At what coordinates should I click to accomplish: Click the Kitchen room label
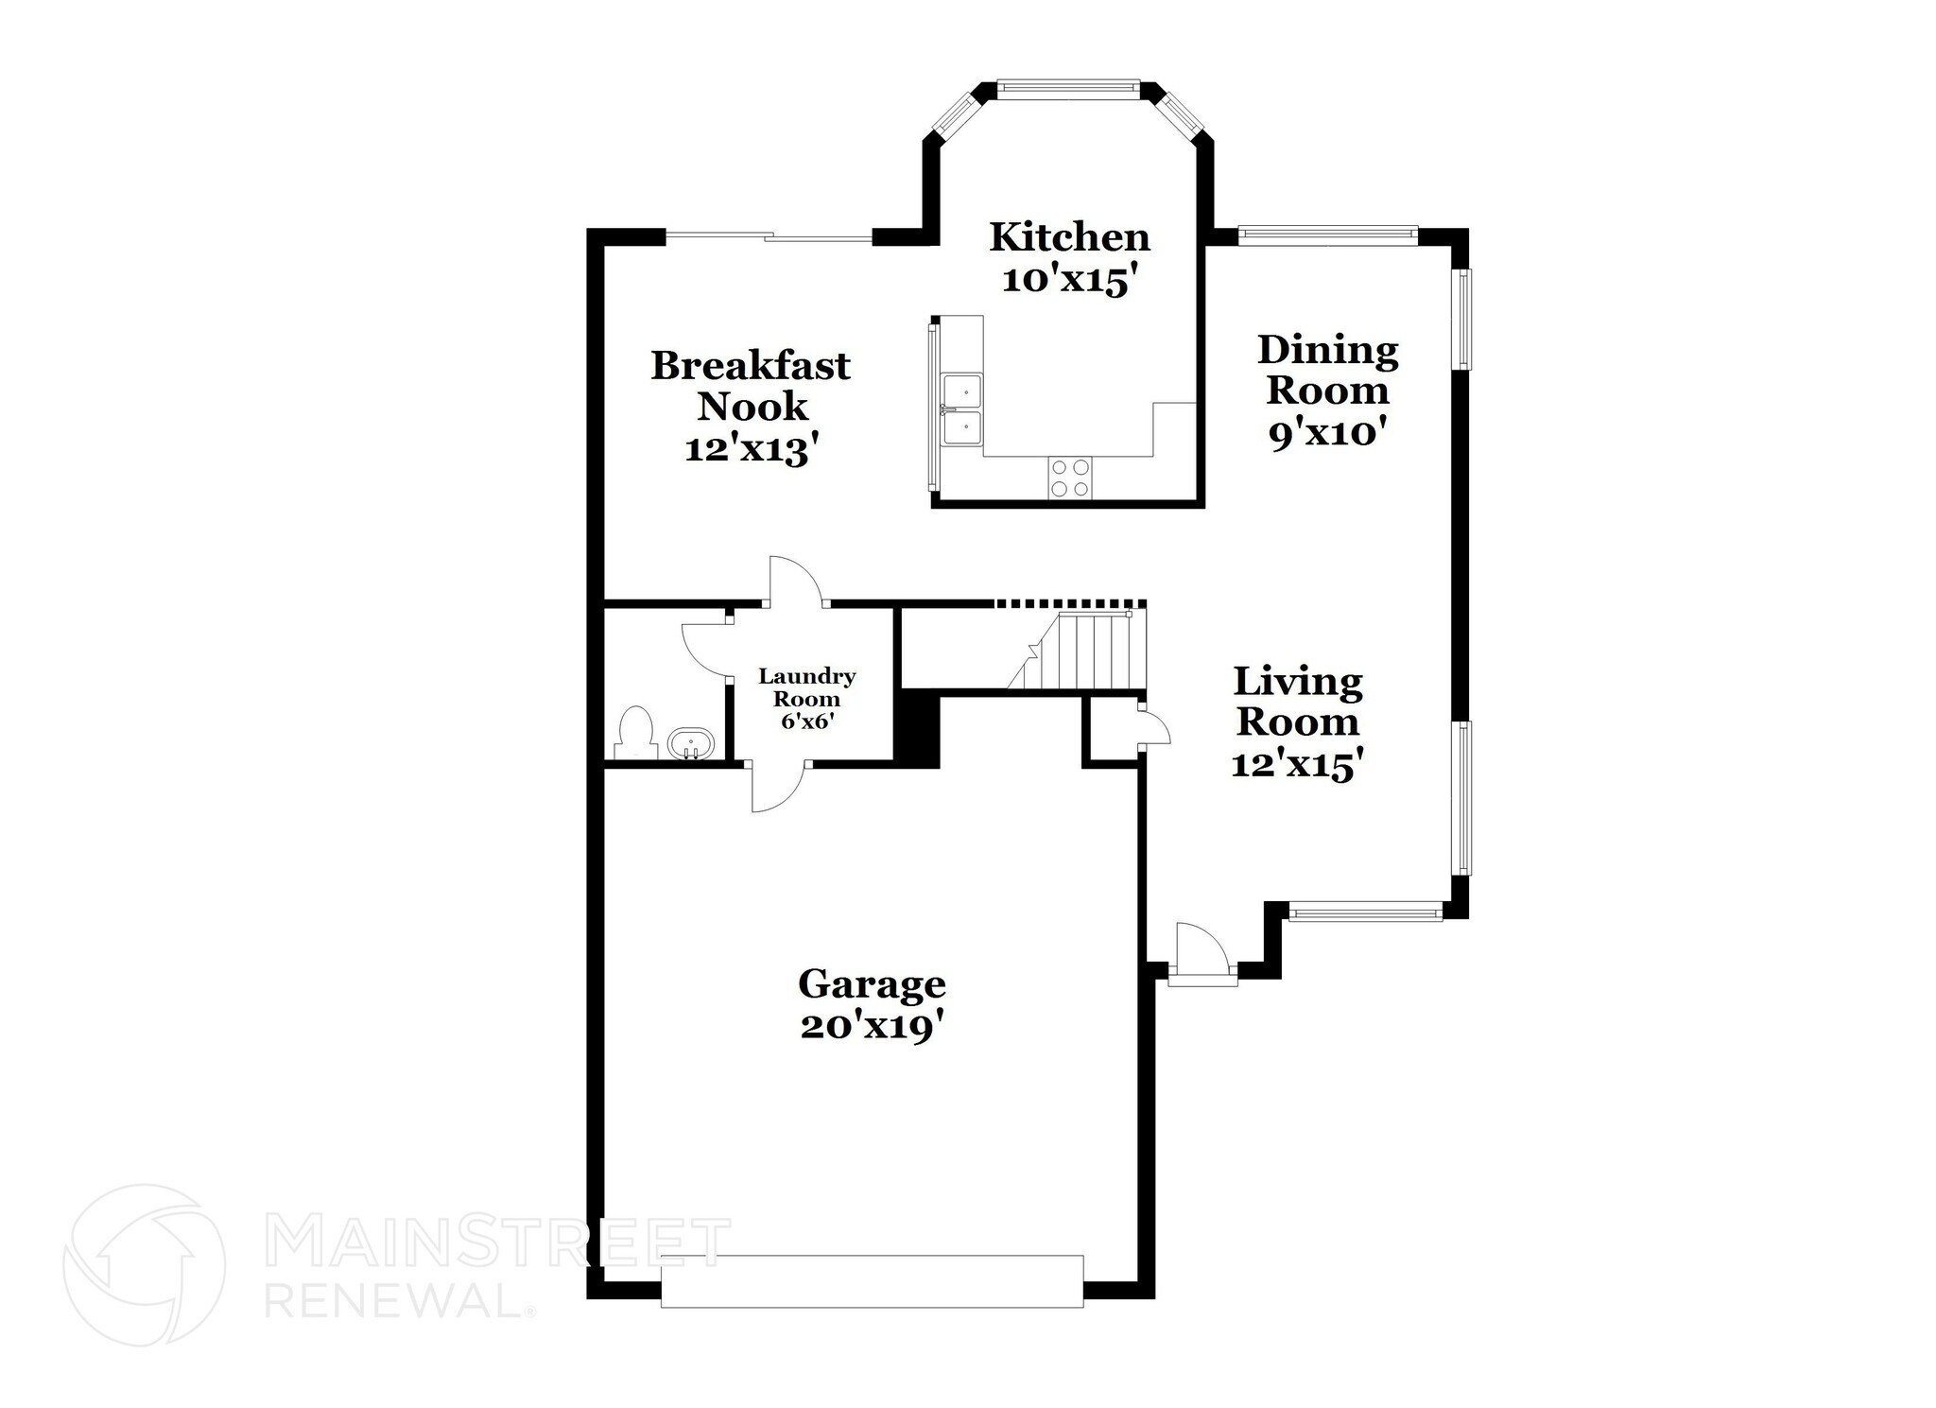[x=1069, y=236]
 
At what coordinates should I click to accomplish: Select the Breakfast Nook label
[x=751, y=386]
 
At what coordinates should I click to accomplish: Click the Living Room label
[x=1298, y=702]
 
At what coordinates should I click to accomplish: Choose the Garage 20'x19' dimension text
[x=872, y=1027]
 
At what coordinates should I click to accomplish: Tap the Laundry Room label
[x=806, y=687]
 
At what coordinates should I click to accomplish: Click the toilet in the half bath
[x=636, y=733]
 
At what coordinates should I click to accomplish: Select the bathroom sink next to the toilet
[x=691, y=743]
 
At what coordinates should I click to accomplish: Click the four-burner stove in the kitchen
[x=1070, y=478]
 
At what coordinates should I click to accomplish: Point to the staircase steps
[x=1087, y=652]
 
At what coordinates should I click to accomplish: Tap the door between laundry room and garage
[x=778, y=787]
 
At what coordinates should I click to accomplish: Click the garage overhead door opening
[x=872, y=1281]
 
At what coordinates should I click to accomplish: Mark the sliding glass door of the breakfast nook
[x=769, y=237]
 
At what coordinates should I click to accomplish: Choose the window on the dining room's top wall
[x=1327, y=234]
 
